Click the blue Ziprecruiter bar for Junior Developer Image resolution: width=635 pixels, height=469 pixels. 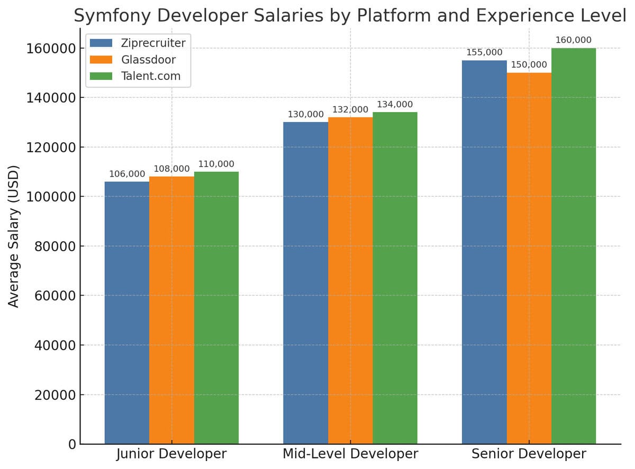point(127,312)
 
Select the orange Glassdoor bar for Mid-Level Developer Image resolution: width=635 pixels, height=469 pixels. point(350,280)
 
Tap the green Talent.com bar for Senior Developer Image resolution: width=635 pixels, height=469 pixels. point(574,246)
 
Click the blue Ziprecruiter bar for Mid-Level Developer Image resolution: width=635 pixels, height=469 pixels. point(305,283)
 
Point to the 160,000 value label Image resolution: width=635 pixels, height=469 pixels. point(574,40)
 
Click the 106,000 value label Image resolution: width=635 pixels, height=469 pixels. point(127,174)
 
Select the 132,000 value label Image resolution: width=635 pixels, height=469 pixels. point(350,109)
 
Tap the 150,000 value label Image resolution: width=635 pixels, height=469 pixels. point(529,65)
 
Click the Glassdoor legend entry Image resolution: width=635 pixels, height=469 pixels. point(148,59)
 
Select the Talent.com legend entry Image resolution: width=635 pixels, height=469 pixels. point(151,76)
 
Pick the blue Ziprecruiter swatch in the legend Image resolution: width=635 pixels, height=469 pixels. point(101,43)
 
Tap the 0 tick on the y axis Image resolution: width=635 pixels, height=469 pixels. point(72,445)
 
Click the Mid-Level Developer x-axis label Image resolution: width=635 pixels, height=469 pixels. point(350,454)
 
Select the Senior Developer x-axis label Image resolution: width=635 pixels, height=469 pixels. point(529,454)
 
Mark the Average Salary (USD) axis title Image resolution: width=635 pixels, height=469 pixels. point(14,236)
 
